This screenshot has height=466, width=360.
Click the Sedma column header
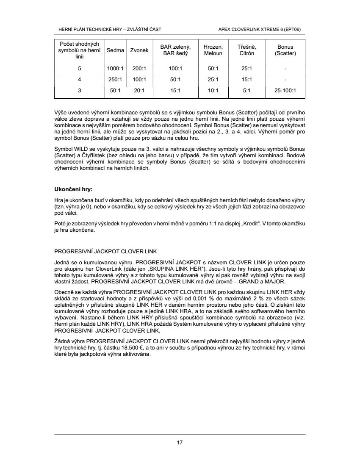[x=116, y=50]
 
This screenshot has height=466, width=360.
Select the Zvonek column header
[x=139, y=50]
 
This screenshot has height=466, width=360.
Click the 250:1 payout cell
[x=116, y=79]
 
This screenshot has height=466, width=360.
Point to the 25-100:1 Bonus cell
[x=285, y=90]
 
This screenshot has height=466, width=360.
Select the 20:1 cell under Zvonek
[x=139, y=90]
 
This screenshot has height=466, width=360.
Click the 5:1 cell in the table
[x=246, y=90]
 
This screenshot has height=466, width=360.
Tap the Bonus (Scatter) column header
[x=285, y=50]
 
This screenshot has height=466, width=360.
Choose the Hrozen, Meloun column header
[x=213, y=50]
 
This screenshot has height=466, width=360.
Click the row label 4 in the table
[x=79, y=79]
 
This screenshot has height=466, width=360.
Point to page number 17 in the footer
[x=180, y=443]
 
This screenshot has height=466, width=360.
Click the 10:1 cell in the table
[x=213, y=90]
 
